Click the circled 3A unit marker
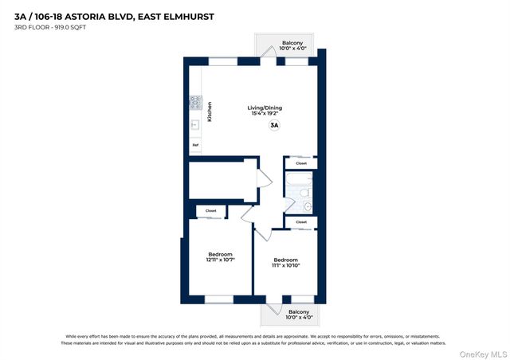[274, 125]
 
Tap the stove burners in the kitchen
[195, 102]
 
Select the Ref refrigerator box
[195, 145]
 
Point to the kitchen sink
[195, 124]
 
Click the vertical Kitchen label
[210, 112]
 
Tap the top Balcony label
[292, 43]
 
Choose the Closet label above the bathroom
[300, 163]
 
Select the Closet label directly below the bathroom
[300, 222]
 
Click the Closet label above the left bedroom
[210, 211]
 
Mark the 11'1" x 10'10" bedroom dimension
[285, 265]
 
